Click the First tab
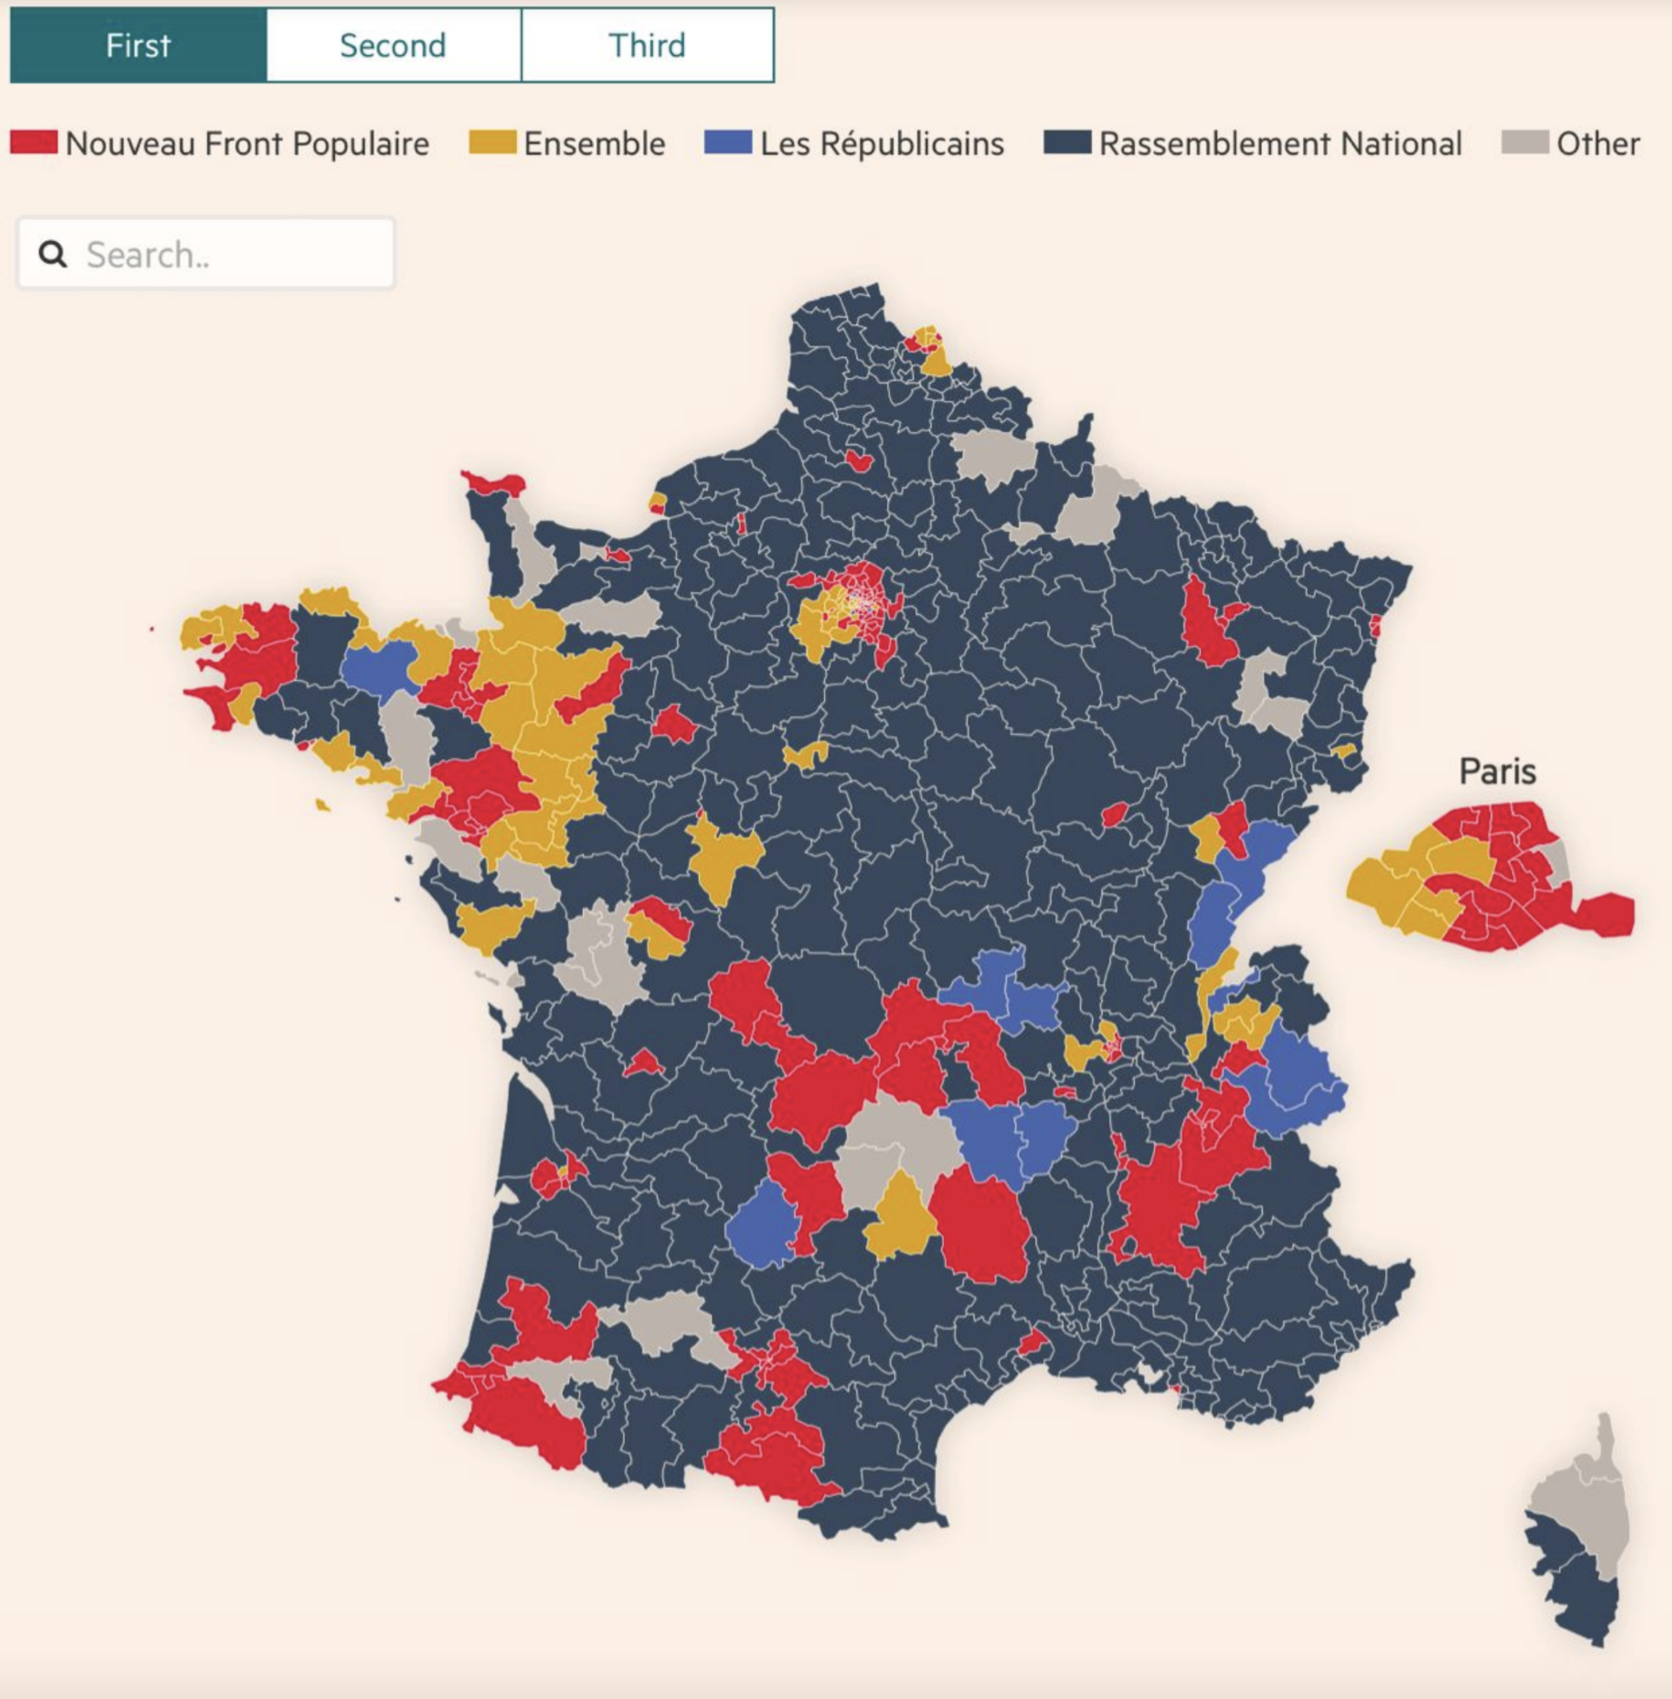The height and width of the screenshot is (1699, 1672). (x=138, y=46)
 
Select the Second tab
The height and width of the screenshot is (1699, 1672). (x=394, y=46)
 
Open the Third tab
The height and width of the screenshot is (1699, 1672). (x=647, y=46)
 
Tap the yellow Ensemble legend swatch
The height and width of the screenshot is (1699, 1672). (x=493, y=142)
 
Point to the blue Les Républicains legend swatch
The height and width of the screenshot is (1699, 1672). (x=728, y=142)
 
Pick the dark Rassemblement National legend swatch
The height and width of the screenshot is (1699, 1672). (x=1067, y=142)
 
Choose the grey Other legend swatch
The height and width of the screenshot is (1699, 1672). (x=1525, y=142)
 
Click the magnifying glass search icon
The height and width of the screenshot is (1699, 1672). (x=52, y=255)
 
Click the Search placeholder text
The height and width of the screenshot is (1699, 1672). (x=147, y=255)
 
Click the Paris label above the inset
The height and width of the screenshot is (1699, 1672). (x=1497, y=771)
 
